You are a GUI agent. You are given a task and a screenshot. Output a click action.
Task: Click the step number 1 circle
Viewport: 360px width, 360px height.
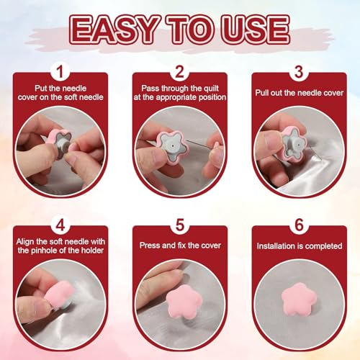(x=60, y=71)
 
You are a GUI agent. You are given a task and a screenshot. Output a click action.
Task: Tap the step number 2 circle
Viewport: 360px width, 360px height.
(x=180, y=71)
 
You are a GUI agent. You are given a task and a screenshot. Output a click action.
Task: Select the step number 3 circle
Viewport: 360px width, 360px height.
(x=299, y=71)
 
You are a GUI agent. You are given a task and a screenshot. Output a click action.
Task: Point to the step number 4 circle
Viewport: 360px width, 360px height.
(x=60, y=225)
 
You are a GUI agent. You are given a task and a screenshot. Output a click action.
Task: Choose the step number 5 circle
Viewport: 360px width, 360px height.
(x=180, y=225)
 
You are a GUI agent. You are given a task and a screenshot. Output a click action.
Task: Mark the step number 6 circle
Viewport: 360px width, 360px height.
(x=299, y=225)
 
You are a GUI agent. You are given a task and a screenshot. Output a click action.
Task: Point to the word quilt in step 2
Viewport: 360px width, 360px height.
(x=211, y=89)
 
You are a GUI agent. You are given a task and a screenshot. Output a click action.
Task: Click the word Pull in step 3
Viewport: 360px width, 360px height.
(x=262, y=93)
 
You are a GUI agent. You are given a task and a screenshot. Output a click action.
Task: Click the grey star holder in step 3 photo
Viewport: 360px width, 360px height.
(x=294, y=145)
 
